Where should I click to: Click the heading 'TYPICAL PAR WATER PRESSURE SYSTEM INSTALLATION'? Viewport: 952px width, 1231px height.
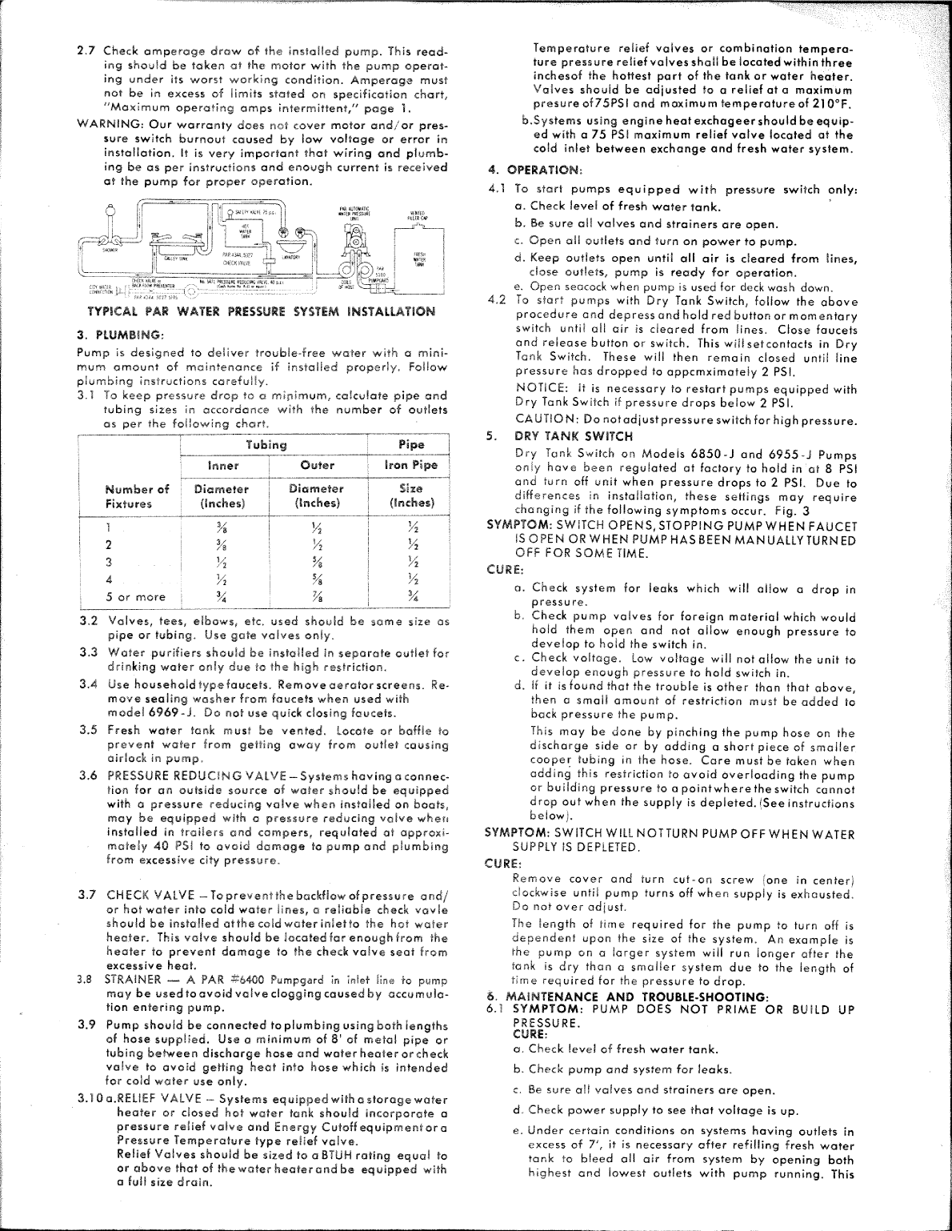[x=261, y=311]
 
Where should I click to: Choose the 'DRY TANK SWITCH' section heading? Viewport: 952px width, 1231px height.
[x=574, y=436]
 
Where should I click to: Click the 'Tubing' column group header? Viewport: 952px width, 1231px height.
[x=266, y=444]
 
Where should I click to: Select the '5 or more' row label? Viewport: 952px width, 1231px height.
[x=136, y=596]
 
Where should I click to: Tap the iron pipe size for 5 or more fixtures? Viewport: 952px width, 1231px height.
[x=411, y=596]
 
